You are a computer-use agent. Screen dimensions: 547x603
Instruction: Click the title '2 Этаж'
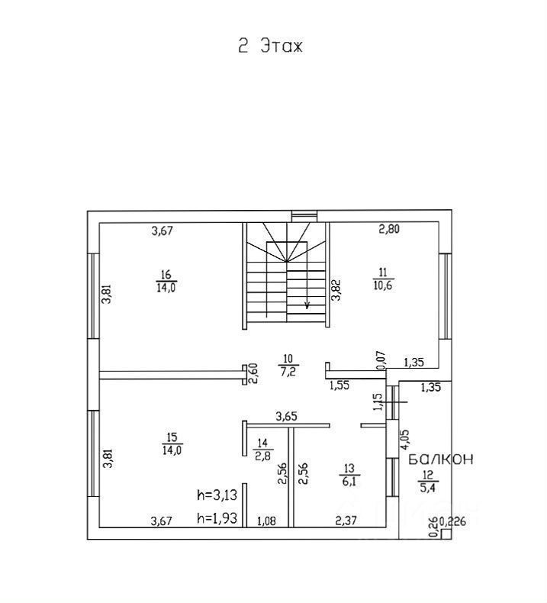pos(271,46)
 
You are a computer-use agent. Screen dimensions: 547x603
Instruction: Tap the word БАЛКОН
pos(440,460)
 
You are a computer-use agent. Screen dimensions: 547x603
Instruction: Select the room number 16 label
pos(166,275)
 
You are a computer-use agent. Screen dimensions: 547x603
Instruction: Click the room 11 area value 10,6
pos(383,285)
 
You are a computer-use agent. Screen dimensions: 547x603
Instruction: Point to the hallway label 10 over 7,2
pos(288,365)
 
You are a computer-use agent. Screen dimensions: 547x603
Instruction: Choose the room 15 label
pos(172,443)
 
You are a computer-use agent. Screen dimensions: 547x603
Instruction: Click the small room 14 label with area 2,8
pos(263,450)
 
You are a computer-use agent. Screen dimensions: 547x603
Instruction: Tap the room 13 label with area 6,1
pos(349,475)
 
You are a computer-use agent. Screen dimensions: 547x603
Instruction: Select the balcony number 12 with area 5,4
pos(428,482)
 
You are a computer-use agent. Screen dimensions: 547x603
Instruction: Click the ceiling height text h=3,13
pos(217,495)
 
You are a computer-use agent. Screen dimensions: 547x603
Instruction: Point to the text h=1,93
pos(217,518)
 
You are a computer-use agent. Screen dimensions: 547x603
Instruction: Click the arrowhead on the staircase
pos(307,306)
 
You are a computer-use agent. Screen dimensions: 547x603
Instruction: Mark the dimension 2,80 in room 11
pos(389,229)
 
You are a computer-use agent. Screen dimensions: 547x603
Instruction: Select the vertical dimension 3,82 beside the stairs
pos(336,289)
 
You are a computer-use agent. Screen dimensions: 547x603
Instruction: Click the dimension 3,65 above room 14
pos(287,416)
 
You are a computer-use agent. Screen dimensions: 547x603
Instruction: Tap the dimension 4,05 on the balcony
pos(405,439)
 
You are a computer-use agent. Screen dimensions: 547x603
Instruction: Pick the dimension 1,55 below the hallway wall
pos(339,385)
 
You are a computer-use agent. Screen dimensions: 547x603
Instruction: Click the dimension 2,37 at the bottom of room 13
pos(346,521)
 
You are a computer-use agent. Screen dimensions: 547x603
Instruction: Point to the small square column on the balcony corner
pos(446,534)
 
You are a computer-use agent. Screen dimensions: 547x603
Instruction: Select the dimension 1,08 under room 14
pos(267,521)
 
